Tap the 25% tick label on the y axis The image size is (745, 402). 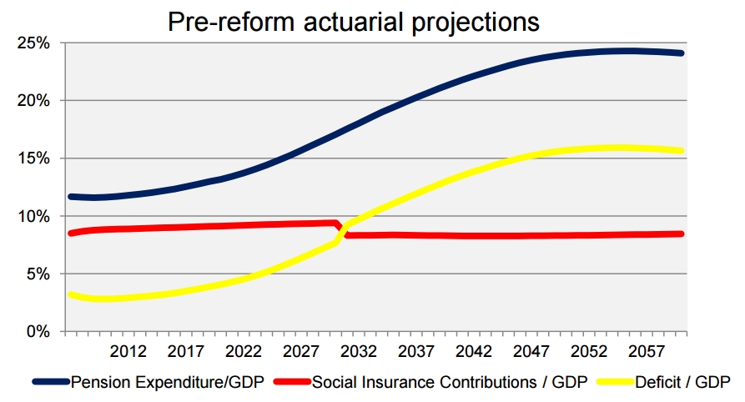(x=33, y=43)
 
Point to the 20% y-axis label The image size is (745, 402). (x=33, y=100)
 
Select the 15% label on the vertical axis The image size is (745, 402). (x=33, y=158)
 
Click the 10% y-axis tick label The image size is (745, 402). (x=33, y=216)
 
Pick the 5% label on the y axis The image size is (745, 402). (x=38, y=274)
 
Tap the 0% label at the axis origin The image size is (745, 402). (x=38, y=331)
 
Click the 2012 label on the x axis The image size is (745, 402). (x=128, y=350)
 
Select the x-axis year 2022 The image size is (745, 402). (x=244, y=350)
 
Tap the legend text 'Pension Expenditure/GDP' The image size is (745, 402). (x=168, y=382)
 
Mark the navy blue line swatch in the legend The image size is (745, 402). (x=51, y=382)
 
